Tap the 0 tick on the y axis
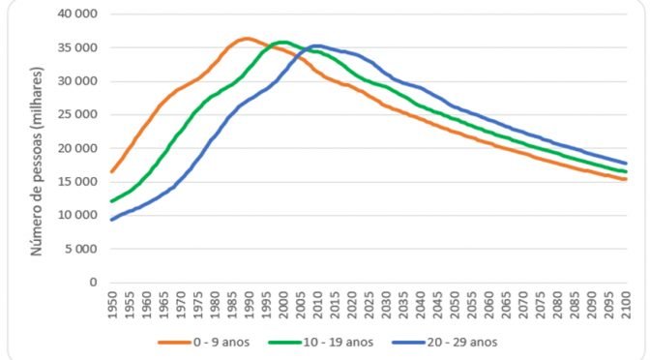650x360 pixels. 93,283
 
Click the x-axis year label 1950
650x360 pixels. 112,306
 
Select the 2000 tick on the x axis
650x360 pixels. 283,306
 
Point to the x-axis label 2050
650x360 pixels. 454,306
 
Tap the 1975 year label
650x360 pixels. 197,306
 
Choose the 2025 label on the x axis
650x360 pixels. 369,306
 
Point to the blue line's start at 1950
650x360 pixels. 112,220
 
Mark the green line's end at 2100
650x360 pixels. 626,171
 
